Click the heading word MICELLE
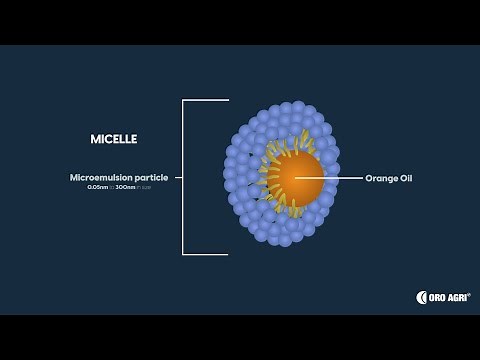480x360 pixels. point(113,138)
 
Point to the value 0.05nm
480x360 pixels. point(98,187)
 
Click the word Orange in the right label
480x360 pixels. point(380,178)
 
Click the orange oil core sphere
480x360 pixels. point(294,177)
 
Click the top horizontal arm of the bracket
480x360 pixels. point(205,100)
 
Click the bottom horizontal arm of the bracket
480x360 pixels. point(205,254)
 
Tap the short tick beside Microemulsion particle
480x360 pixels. point(178,178)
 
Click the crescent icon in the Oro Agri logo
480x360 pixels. point(422,297)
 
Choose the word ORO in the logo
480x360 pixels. point(438,297)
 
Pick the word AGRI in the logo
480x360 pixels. point(459,297)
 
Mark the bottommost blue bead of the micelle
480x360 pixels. point(285,240)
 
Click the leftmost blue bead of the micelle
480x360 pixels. point(229,174)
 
